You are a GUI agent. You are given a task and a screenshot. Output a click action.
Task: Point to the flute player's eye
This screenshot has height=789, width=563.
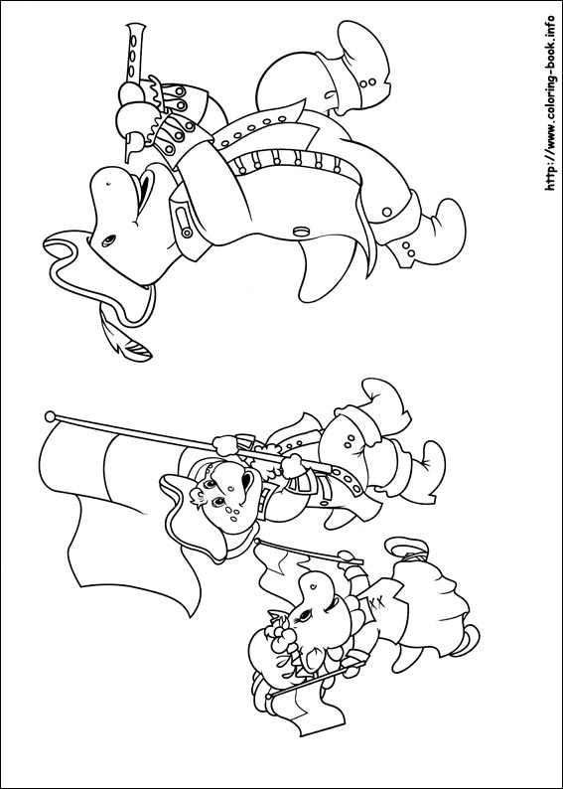[108, 241]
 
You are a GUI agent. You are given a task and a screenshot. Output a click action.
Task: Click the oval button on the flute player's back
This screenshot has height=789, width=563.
[301, 232]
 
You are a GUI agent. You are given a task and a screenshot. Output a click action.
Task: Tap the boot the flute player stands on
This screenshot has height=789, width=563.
[427, 233]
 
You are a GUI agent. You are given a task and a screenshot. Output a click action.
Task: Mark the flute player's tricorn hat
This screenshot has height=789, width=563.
[100, 277]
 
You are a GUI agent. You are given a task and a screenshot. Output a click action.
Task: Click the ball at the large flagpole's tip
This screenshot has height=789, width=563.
[50, 416]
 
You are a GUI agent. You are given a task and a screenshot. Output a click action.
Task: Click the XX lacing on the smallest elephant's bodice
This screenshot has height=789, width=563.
[376, 602]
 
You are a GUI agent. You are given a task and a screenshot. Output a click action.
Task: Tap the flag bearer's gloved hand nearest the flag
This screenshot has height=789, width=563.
[225, 445]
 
